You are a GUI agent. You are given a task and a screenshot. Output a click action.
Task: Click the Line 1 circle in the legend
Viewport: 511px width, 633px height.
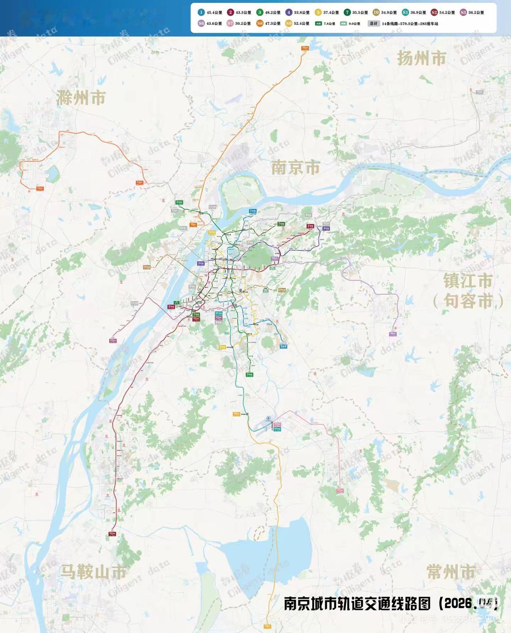pyautogui.click(x=201, y=12)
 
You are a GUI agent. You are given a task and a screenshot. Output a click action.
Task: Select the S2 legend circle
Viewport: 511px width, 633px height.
pyautogui.click(x=434, y=12)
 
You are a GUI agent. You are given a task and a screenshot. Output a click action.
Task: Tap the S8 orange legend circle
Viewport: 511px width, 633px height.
pyautogui.click(x=260, y=24)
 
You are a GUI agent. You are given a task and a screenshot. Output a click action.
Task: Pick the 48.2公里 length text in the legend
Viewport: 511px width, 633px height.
pyautogui.click(x=273, y=13)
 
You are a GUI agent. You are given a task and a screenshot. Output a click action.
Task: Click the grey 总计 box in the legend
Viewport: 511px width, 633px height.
pyautogui.click(x=373, y=24)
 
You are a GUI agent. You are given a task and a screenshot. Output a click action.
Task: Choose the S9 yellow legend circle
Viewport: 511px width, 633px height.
pyautogui.click(x=289, y=24)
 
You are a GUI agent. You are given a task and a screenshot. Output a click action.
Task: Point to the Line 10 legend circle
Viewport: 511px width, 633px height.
pyautogui.click(x=376, y=12)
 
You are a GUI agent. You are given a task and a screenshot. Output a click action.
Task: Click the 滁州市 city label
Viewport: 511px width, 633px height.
pyautogui.click(x=81, y=98)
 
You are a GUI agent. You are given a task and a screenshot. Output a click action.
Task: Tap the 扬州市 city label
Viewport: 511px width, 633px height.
pyautogui.click(x=422, y=59)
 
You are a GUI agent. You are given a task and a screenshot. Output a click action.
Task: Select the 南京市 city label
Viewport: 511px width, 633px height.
pyautogui.click(x=296, y=167)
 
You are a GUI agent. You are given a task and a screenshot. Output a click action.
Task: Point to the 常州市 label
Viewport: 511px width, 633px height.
pyautogui.click(x=451, y=571)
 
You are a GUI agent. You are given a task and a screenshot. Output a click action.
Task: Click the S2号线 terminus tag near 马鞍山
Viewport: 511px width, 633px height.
pyautogui.click(x=113, y=534)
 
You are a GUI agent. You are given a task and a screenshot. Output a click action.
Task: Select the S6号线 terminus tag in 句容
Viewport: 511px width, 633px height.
pyautogui.click(x=393, y=334)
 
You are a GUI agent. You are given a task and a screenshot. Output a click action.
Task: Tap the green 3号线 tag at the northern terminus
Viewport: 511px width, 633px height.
pyautogui.click(x=179, y=202)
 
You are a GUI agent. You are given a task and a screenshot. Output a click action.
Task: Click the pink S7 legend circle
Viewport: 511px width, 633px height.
pyautogui.click(x=230, y=24)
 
